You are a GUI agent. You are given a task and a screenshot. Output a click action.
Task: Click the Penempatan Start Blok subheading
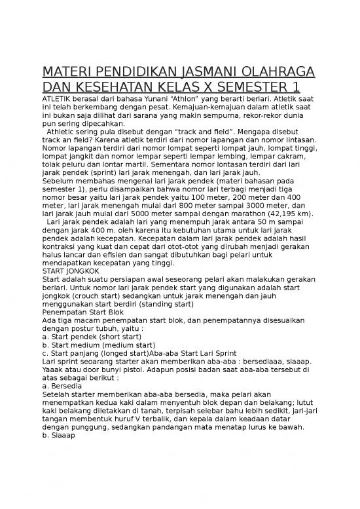point(82,312)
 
